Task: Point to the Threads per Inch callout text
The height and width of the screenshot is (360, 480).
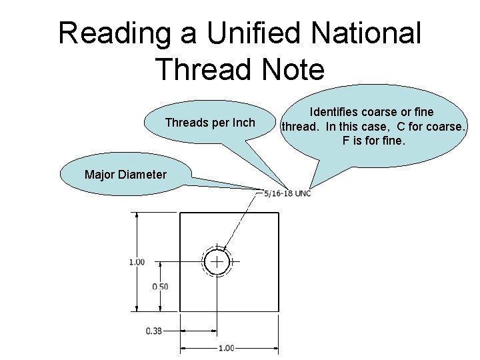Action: point(210,123)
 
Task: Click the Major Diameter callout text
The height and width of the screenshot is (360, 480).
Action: point(125,175)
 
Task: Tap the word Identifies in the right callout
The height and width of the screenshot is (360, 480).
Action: point(336,112)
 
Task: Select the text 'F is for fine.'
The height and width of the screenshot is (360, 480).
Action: point(373,141)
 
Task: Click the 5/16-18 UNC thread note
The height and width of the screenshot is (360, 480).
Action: point(287,193)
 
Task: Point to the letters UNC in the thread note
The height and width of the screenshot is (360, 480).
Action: point(303,193)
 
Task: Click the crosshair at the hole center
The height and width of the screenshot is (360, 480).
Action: point(217,262)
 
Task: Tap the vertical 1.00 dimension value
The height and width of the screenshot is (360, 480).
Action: point(137,262)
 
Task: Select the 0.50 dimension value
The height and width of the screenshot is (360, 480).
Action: point(160,287)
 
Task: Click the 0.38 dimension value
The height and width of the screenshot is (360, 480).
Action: point(154,330)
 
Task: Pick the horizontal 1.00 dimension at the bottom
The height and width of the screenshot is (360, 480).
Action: point(227,347)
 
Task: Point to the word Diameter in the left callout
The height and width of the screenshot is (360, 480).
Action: point(145,175)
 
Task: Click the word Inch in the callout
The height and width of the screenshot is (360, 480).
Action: point(243,123)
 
